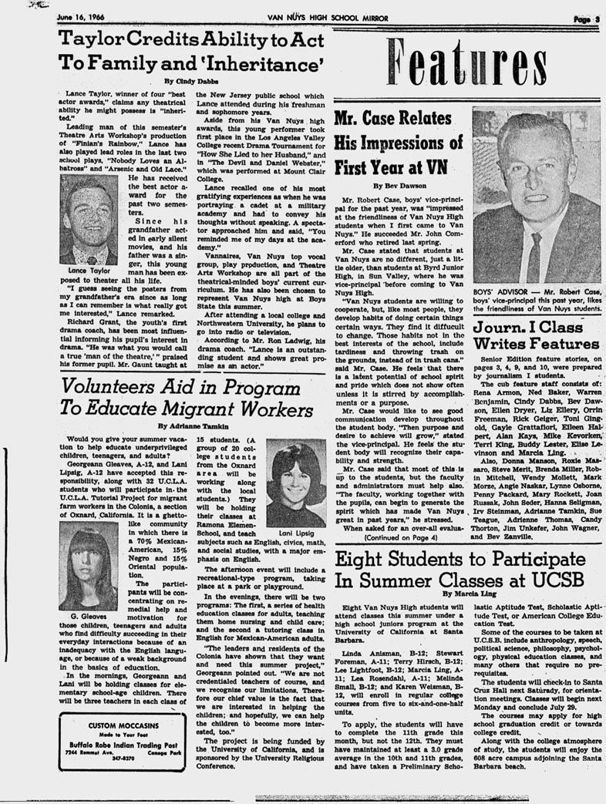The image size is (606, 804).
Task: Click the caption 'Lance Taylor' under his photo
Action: (x=86, y=271)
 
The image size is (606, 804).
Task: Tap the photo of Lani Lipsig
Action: (x=296, y=483)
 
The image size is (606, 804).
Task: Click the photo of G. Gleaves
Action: (x=89, y=565)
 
